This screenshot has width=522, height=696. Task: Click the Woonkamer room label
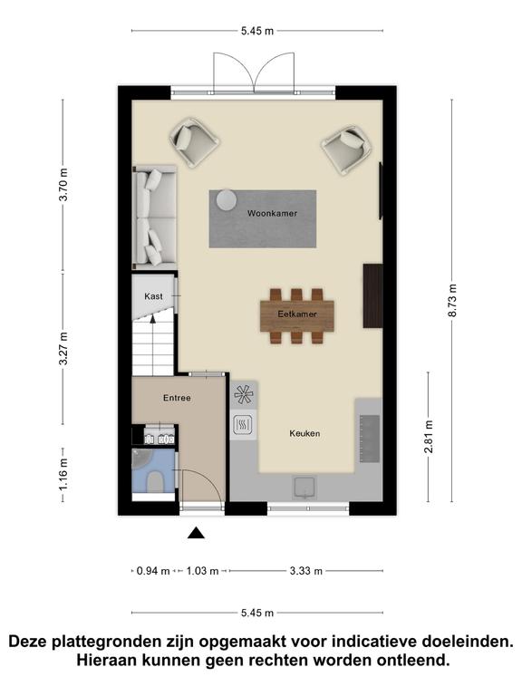[x=272, y=214]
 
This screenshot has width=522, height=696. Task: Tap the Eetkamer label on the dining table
[x=297, y=314]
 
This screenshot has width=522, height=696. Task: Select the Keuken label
[x=304, y=433]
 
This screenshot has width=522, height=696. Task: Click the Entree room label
[x=177, y=398]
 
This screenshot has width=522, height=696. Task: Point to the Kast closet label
[x=153, y=296]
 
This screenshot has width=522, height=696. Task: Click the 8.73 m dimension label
[x=452, y=301]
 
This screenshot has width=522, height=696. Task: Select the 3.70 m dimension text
[x=63, y=185]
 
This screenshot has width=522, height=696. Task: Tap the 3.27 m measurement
[x=63, y=348]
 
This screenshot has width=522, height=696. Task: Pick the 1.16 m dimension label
[x=63, y=475]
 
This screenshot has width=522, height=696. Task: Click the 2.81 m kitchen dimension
[x=429, y=437]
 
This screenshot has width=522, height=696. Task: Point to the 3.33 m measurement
[x=305, y=571]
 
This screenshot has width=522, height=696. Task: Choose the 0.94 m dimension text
[x=153, y=571]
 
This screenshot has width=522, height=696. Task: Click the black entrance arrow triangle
[x=196, y=533]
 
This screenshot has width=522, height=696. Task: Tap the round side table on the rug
[x=227, y=199]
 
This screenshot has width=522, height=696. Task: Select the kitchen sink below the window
[x=304, y=487]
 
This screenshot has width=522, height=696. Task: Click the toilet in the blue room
[x=155, y=482]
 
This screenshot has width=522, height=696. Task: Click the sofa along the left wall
[x=155, y=217]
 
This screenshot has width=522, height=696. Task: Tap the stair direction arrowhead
[x=152, y=317]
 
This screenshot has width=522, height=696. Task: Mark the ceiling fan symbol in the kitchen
[x=244, y=394]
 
